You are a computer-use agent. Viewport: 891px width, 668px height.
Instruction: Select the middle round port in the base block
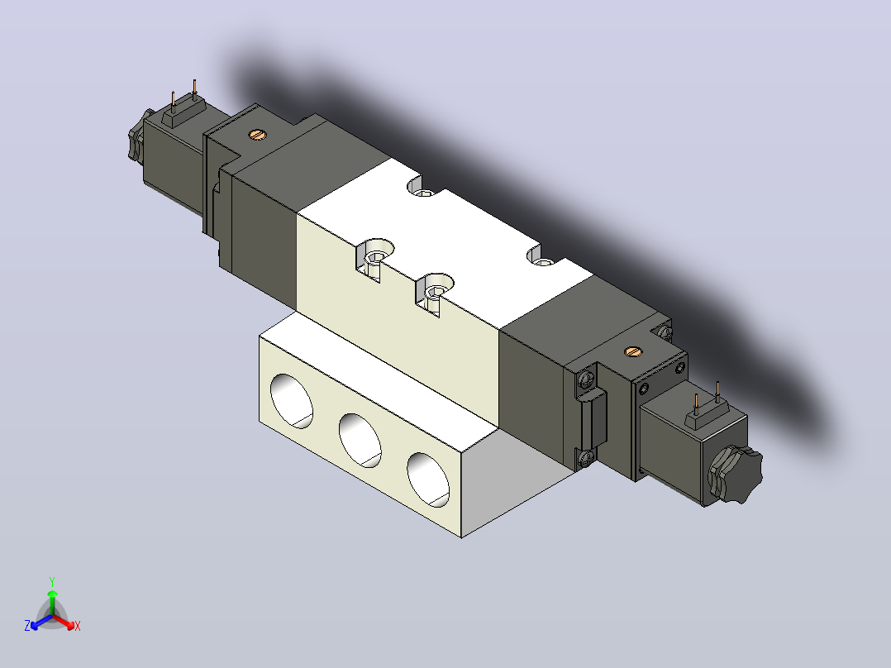pos(360,441)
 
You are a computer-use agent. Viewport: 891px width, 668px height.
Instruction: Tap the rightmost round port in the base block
pos(428,480)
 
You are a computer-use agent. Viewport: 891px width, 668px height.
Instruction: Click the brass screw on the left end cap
pos(257,135)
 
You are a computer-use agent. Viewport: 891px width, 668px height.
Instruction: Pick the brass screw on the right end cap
pos(633,351)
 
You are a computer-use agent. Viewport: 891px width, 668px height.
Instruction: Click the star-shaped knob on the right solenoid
pos(734,475)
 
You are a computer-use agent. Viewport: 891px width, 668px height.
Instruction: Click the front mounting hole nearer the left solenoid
pos(375,258)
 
